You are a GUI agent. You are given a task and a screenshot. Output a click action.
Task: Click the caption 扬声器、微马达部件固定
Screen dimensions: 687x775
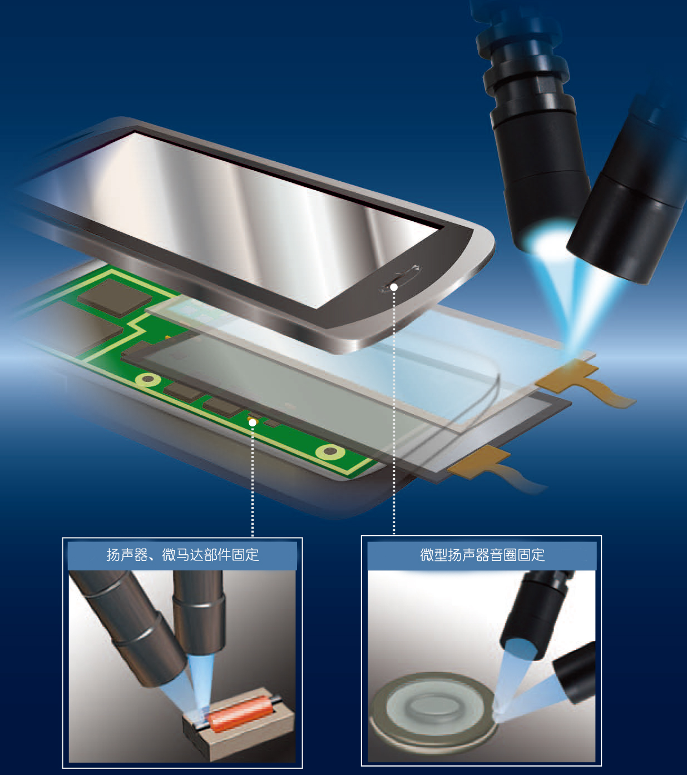[x=182, y=555]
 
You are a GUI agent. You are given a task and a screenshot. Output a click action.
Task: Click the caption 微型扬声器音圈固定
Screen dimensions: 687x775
[x=482, y=555]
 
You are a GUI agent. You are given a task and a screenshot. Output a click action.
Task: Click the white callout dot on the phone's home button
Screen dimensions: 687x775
[x=393, y=287]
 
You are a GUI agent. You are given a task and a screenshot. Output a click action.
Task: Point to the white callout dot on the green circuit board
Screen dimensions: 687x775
[x=252, y=423]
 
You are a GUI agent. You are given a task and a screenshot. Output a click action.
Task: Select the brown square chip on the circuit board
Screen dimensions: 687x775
[x=115, y=297]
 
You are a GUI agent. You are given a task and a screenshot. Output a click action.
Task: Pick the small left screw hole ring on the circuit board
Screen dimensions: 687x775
[x=148, y=380]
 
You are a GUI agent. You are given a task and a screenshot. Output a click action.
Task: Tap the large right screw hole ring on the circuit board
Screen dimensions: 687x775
[x=330, y=452]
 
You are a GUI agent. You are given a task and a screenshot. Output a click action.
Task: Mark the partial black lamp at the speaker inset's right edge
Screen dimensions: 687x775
[x=575, y=672]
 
